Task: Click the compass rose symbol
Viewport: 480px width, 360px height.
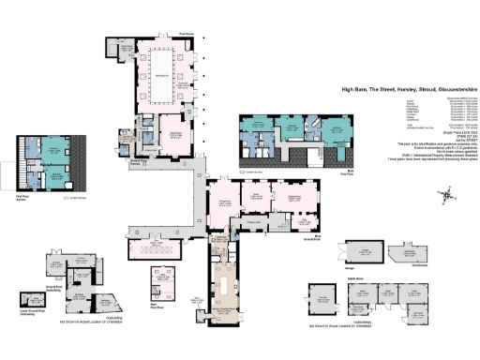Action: [x=448, y=195]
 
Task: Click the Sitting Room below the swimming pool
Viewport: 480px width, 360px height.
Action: [x=172, y=131]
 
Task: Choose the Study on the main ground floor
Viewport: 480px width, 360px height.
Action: [x=256, y=198]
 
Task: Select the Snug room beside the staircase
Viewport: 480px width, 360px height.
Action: [x=304, y=222]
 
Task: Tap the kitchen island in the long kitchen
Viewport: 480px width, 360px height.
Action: [x=227, y=281]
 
